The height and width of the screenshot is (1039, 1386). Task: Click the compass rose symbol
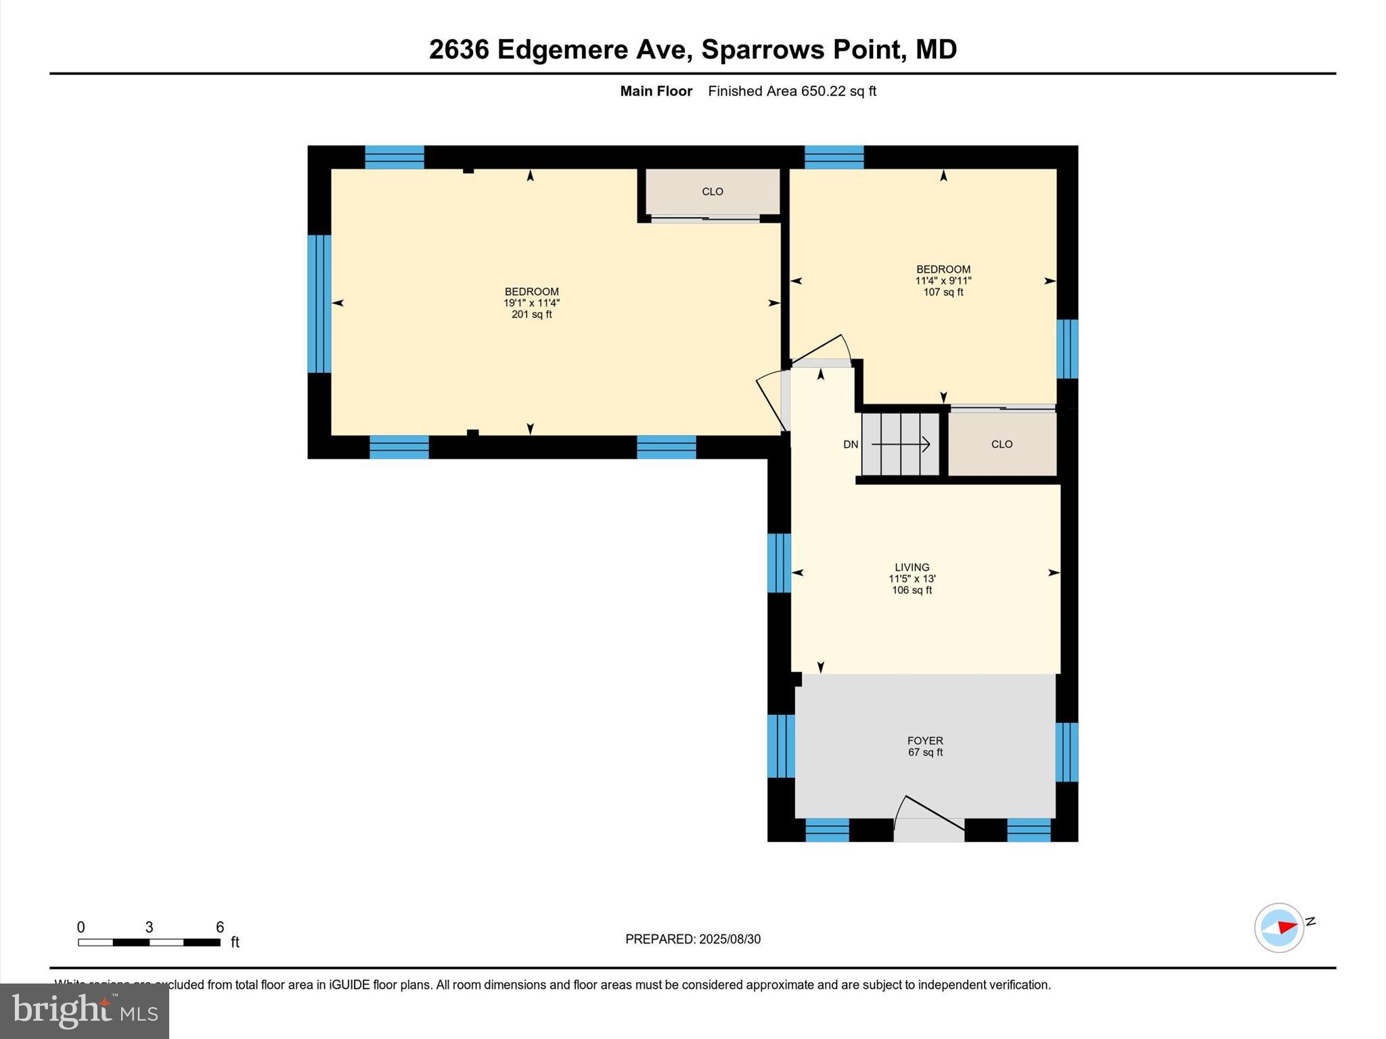(x=1278, y=927)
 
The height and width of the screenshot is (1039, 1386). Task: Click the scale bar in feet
(x=149, y=942)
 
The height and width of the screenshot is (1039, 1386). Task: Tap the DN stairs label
(x=851, y=444)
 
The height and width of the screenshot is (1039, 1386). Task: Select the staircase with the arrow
(x=901, y=444)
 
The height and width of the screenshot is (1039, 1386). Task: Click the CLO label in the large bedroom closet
(x=713, y=191)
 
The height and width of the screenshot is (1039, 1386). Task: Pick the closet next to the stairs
(x=1002, y=444)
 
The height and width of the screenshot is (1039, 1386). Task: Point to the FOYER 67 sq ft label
(x=925, y=746)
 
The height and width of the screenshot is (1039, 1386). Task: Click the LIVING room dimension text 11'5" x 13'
(x=912, y=579)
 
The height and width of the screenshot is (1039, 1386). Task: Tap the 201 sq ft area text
(x=532, y=315)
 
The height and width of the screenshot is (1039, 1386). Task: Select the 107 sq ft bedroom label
(x=943, y=292)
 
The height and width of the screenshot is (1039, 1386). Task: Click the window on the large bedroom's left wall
(x=319, y=304)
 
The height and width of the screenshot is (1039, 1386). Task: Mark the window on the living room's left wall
(x=779, y=563)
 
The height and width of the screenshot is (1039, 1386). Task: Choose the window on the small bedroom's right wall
(x=1067, y=349)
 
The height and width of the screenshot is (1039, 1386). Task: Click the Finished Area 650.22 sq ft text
(x=792, y=91)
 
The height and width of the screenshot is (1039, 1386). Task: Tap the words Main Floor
(x=656, y=91)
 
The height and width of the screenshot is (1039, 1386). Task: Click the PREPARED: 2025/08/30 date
(x=693, y=939)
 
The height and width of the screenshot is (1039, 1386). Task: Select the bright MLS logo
(x=85, y=1011)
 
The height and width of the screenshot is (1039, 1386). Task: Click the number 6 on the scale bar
(x=220, y=927)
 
